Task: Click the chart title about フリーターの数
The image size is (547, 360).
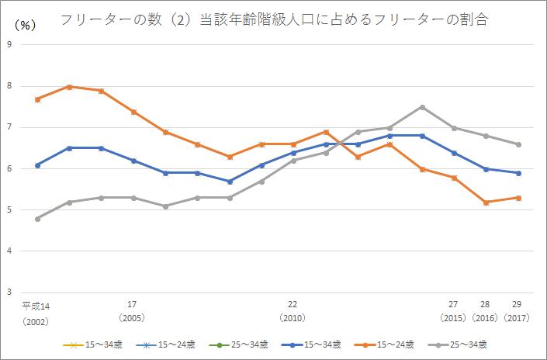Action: [274, 19]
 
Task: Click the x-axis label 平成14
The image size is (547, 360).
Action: [36, 305]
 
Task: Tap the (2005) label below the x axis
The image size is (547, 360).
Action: [133, 318]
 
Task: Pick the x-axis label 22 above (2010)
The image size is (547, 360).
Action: [293, 305]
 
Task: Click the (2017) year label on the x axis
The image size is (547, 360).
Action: [517, 318]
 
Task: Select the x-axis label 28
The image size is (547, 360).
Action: [485, 305]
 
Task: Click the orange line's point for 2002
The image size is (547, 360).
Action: [37, 99]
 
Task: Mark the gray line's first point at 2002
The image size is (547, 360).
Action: [37, 219]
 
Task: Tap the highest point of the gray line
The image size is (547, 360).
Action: [421, 107]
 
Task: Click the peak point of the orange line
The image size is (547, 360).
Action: [70, 87]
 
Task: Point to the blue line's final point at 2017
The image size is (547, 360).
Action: [518, 173]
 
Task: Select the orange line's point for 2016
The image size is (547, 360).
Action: [486, 202]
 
